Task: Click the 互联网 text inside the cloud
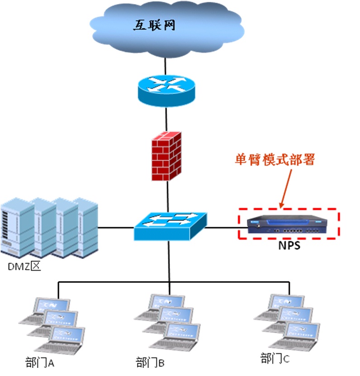pos(154,25)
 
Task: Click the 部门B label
pos(150,362)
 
